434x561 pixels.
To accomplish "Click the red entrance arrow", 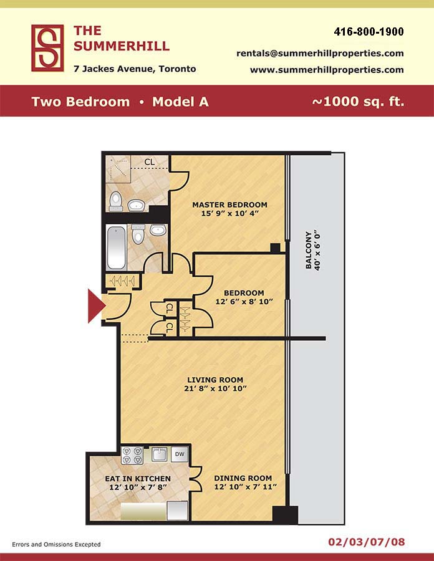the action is pos(96,306).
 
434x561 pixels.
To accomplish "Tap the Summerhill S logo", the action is pos(47,48).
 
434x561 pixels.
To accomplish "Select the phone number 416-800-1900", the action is pos(369,32).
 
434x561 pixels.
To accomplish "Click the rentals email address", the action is pos(320,54).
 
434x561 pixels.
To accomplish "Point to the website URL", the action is pos(327,70).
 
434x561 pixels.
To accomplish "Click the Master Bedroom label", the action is pos(229,204).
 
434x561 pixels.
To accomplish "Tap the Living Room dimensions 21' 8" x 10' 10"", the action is pos(215,388).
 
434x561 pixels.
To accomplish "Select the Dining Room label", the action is pos(243,478).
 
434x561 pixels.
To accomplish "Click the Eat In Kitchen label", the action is pos(138,478).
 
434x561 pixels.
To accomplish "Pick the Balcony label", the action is pos(309,250).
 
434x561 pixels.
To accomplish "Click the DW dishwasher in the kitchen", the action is pos(180,454).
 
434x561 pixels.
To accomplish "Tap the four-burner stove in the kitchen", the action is pos(132,456).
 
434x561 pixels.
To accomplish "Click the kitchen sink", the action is pos(159,454).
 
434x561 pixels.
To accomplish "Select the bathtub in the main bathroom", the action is pos(116,248).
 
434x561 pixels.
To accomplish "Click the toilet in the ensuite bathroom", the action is pos(115,201).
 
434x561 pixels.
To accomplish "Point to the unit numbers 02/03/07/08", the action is pos(367,542).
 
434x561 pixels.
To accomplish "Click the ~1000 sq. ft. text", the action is pos(358,102).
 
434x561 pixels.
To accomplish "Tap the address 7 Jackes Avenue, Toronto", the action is pos(135,69).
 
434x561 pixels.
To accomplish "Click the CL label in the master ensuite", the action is pos(150,161).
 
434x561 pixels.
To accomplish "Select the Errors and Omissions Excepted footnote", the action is pos(56,544).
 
